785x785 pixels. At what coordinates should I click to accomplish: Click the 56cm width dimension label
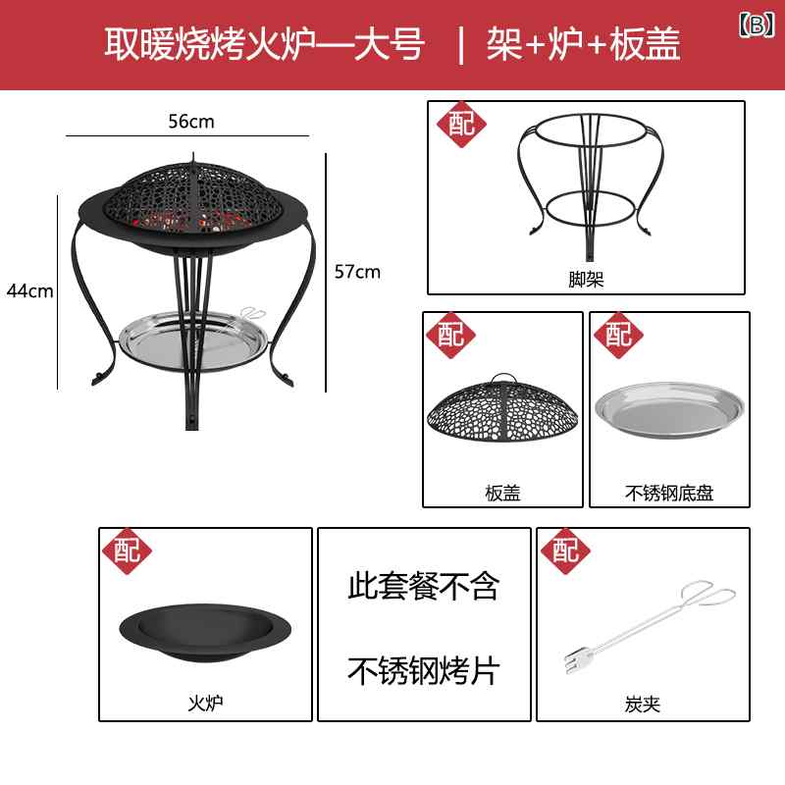pos(191,121)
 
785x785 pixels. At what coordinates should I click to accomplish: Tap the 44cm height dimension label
pos(30,290)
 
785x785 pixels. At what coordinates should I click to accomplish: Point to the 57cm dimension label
pos(357,272)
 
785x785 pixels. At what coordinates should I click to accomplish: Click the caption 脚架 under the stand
pos(586,280)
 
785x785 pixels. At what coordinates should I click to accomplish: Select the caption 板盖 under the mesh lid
pos(503,494)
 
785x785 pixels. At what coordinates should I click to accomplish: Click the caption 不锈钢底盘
pos(669,494)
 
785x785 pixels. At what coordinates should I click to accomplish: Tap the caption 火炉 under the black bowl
pos(205,704)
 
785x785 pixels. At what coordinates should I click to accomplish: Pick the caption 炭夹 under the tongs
pos(643,705)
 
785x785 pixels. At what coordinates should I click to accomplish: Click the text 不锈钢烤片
pos(424,671)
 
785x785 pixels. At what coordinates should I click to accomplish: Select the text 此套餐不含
pos(424,586)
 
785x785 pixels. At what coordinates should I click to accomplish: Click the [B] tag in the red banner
pos(757,25)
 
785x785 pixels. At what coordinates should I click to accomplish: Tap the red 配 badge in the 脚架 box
pos(461,125)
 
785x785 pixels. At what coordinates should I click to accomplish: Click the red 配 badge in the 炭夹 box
pos(566,550)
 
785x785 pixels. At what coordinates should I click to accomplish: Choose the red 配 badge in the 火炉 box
pos(128,550)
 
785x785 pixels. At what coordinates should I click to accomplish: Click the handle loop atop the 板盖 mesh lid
pos(502,378)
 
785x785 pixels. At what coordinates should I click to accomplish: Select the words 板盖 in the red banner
pos(646,44)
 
